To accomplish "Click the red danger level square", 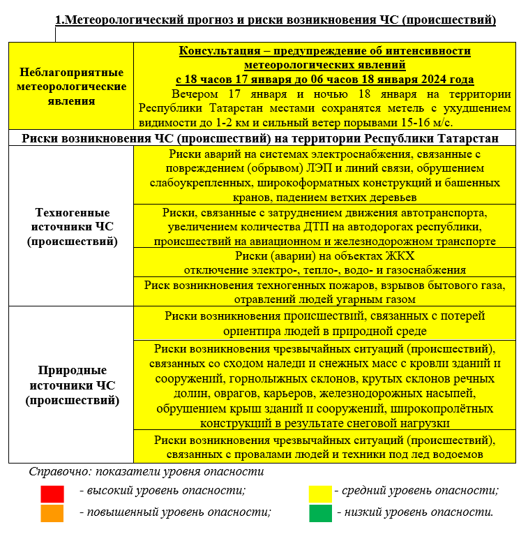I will click(52, 494).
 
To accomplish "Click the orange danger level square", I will click(52, 513).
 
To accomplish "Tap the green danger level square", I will click(321, 513).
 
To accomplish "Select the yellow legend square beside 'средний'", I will click(320, 494).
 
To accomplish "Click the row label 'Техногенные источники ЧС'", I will click(72, 227).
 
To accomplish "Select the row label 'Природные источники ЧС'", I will click(72, 385).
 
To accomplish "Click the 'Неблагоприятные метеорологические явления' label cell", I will click(72, 87).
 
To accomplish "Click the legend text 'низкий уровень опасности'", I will click(415, 512).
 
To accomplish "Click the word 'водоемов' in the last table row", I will click(460, 455).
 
